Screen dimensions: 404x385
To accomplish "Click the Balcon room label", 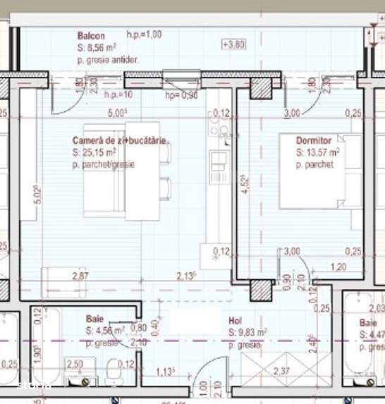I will click(91, 36).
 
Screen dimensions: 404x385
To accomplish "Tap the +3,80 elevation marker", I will click(233, 44).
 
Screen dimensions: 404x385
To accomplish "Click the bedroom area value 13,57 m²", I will click(324, 152).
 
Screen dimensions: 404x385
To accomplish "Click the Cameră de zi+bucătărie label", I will click(119, 140).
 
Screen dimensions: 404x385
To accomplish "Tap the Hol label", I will click(235, 319).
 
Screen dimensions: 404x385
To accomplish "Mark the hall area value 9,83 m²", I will click(252, 331).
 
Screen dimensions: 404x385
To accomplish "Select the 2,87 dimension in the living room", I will click(80, 275).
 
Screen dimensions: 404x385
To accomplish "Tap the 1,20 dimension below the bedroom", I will click(339, 267).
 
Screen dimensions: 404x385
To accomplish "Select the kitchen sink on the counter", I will click(219, 127).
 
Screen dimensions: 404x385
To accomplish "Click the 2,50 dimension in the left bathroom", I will click(75, 363).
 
